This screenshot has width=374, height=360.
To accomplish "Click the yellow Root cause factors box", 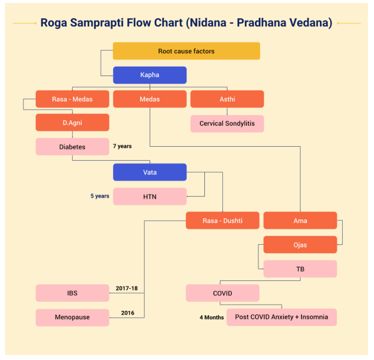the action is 187,51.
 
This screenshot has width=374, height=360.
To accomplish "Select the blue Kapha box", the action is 150,75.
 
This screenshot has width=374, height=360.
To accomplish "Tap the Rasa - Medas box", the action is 73,99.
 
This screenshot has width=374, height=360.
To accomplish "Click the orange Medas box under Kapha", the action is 150,99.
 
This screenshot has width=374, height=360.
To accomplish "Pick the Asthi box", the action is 227,99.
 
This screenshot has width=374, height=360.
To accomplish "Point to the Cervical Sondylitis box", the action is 227,123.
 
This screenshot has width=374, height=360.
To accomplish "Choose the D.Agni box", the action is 73,122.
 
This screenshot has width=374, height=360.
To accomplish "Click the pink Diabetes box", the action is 73,147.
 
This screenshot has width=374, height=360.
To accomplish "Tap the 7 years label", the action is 122,146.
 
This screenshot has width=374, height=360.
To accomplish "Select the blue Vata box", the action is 150,172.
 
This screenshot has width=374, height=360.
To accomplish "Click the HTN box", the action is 150,196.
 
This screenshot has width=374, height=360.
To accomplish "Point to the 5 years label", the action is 99,196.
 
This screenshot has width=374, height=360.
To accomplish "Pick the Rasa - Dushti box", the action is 222,221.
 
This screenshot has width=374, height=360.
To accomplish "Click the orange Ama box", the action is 300,221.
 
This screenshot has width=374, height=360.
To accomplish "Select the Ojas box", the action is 300,245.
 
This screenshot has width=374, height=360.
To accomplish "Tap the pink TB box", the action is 300,269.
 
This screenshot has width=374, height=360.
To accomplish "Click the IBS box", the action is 73,293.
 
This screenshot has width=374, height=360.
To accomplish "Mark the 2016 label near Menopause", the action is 128,313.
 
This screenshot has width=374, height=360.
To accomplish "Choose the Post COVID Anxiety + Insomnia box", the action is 281,317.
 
